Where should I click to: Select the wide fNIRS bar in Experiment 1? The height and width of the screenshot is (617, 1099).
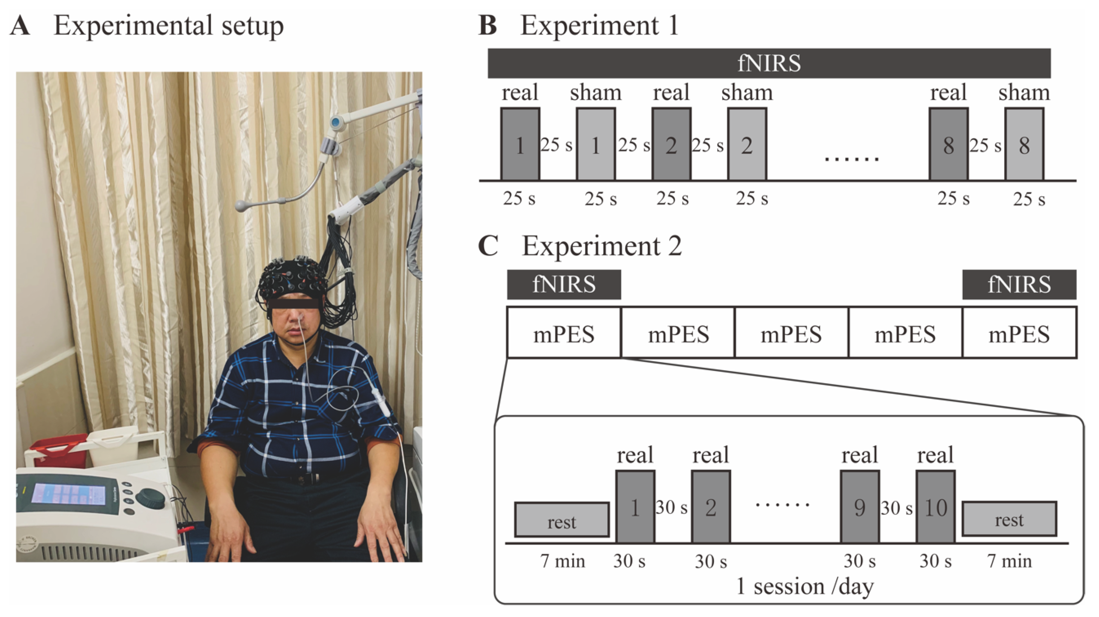click(769, 63)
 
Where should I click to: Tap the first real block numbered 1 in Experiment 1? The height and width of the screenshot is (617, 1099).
click(520, 144)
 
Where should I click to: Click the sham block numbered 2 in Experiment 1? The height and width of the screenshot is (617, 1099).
click(747, 144)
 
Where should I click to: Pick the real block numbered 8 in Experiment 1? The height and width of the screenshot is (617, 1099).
click(948, 144)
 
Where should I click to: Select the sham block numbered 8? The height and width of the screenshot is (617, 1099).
click(1024, 144)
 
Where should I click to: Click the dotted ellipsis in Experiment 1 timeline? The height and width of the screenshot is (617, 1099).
click(852, 159)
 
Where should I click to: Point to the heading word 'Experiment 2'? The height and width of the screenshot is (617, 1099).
click(602, 246)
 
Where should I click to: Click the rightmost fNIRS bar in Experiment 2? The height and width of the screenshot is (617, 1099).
click(1019, 284)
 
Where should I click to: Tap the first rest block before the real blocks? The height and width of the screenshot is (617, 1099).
click(561, 520)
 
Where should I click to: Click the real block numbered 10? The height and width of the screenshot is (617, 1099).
click(935, 507)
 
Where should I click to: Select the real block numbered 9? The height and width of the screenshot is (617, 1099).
click(859, 507)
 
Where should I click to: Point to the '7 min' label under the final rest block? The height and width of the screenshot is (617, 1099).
click(1009, 561)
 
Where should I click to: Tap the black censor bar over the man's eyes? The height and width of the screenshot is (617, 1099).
click(294, 304)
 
